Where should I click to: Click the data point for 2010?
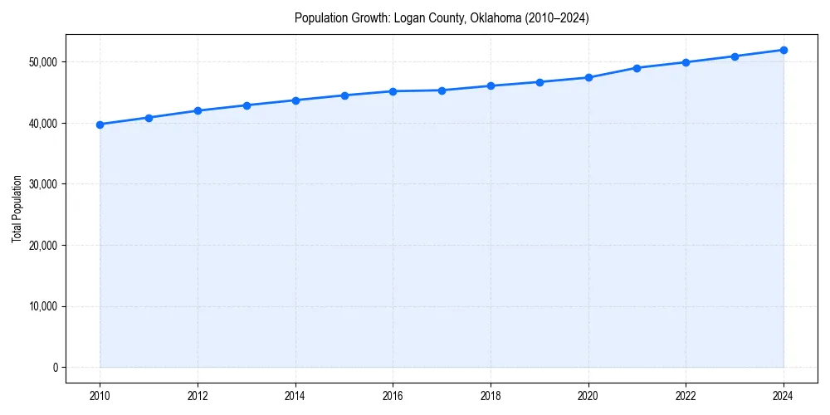click(100, 124)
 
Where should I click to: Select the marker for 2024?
click(784, 50)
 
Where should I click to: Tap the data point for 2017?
click(442, 90)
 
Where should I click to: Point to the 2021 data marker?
click(637, 68)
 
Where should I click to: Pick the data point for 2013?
click(247, 105)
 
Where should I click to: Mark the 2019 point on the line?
click(539, 82)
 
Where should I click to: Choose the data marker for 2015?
click(344, 95)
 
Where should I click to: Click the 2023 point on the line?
click(735, 56)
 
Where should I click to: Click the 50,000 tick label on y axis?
click(42, 62)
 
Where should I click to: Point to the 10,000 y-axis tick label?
click(42, 306)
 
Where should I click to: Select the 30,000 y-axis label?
click(42, 184)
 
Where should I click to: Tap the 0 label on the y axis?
click(54, 368)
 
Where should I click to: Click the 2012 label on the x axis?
click(198, 396)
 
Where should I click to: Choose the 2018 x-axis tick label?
click(491, 396)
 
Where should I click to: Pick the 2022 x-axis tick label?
click(686, 396)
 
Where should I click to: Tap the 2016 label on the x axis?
click(393, 396)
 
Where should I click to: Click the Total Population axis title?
click(17, 208)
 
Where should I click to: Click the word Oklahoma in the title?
click(494, 18)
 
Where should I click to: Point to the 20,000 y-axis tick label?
click(42, 246)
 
